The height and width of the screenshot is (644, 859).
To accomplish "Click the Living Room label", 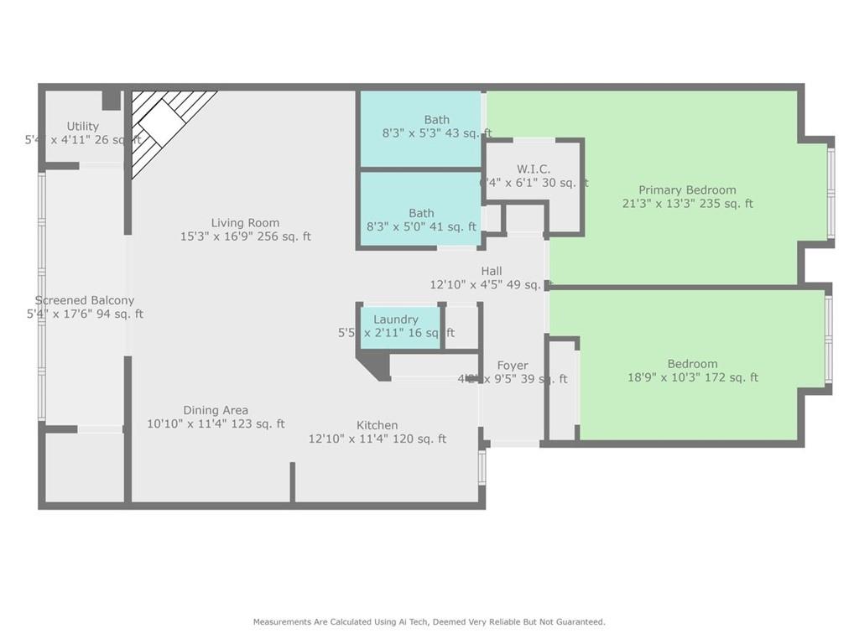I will (245, 223).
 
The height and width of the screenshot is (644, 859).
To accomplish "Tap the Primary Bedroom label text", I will (687, 190).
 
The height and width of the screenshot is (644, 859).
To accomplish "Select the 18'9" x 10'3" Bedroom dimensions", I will (693, 377).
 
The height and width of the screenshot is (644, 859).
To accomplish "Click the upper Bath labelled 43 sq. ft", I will (436, 120).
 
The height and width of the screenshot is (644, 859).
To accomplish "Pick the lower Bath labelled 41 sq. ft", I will (421, 213).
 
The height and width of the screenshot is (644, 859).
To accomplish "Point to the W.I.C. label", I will (534, 169).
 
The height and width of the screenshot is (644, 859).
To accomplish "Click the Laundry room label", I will (396, 319).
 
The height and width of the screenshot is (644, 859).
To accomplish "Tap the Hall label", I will (492, 271).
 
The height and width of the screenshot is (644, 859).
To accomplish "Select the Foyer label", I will (513, 366).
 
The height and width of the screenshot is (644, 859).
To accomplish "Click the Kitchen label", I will (377, 425).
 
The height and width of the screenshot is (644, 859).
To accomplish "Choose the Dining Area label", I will (216, 410).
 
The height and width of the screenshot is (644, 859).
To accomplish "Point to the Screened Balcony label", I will (85, 300).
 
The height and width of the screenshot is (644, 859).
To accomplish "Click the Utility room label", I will (83, 127).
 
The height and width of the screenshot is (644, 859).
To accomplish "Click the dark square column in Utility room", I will (111, 100).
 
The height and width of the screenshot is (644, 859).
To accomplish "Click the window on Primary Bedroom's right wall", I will (830, 194).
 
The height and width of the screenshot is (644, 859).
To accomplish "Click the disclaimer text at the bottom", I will (429, 622).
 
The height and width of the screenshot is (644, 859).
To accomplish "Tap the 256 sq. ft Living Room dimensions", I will (245, 236).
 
